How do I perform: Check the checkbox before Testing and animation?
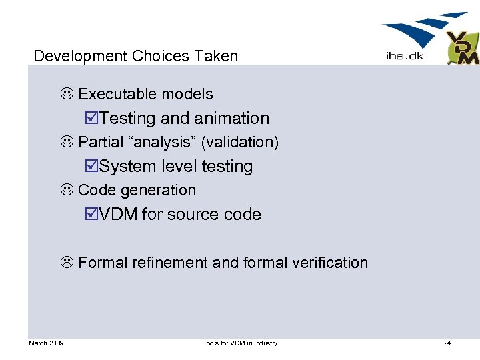[93, 119]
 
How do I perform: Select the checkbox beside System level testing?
[93, 167]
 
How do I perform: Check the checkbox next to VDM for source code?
[93, 215]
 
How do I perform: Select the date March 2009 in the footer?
[46, 343]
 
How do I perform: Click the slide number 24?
[447, 343]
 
